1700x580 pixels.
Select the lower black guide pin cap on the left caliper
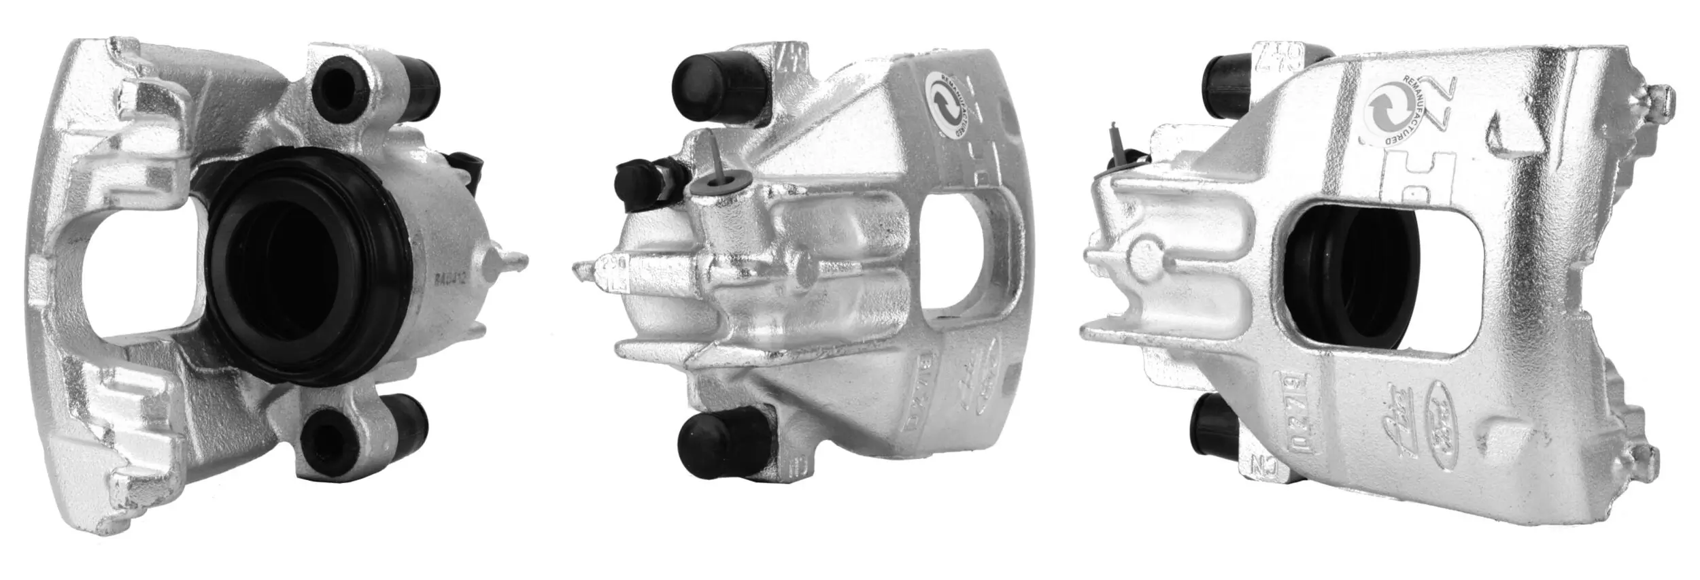click(x=412, y=416)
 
